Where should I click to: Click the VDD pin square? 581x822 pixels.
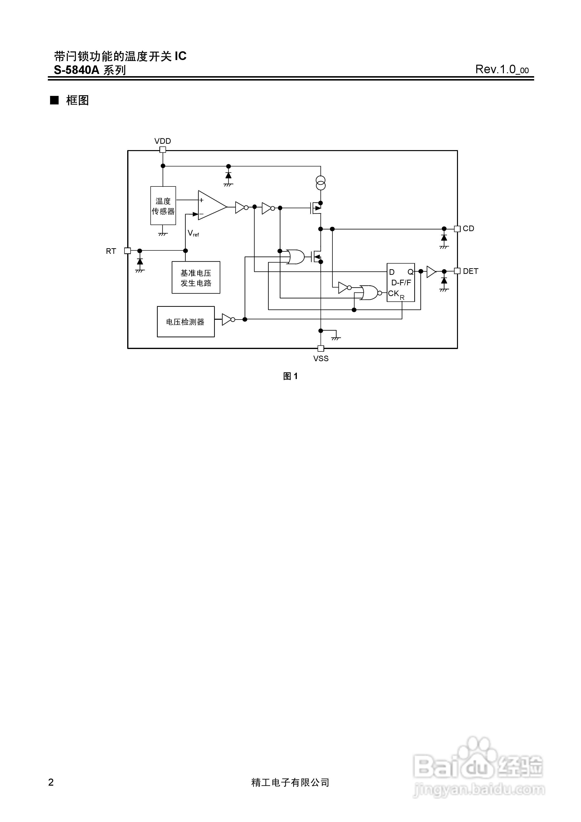(163, 150)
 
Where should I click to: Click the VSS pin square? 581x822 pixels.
(321, 348)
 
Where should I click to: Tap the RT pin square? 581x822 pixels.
(127, 251)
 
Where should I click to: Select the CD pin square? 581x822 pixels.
(457, 229)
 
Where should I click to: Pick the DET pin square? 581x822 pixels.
(457, 271)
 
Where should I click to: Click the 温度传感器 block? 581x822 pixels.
(163, 206)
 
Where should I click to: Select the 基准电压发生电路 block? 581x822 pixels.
(196, 277)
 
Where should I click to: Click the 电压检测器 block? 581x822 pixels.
(186, 321)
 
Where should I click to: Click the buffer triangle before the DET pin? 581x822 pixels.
(431, 271)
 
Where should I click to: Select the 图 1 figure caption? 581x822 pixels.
(290, 376)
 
